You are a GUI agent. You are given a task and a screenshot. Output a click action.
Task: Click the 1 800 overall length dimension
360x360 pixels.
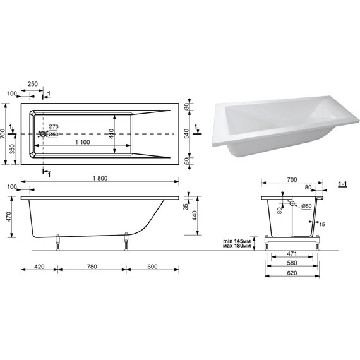(x=100, y=178)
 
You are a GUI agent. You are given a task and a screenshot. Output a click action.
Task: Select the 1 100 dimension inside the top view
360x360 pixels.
(x=83, y=142)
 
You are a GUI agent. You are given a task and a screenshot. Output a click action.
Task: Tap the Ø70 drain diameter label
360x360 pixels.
(x=53, y=126)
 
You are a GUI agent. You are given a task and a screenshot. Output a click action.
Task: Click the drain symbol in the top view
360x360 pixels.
(x=43, y=134)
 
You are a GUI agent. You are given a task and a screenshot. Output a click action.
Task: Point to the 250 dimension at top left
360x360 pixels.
(x=33, y=84)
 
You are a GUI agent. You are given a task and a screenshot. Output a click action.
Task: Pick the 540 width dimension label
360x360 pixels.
(x=186, y=134)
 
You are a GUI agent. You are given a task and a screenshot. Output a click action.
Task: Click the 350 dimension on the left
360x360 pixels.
(x=13, y=149)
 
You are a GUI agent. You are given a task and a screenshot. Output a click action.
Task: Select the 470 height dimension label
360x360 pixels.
(x=8, y=217)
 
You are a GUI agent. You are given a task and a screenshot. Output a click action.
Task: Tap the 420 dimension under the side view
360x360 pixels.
(x=39, y=267)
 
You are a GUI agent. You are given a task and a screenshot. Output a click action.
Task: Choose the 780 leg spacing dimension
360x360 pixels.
(x=92, y=267)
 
